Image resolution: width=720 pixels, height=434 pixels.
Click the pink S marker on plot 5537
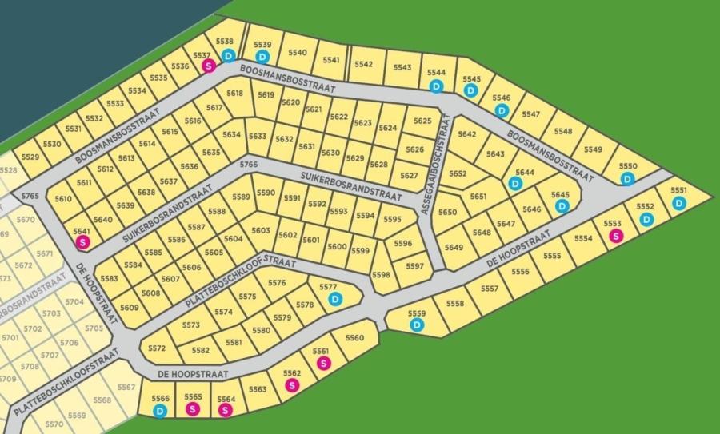208,66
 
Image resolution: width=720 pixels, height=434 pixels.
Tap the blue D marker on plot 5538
228,55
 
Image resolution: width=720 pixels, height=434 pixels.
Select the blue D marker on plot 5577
335,299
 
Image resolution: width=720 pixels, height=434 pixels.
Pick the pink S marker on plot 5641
81,241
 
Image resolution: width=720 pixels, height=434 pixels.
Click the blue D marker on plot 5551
678,203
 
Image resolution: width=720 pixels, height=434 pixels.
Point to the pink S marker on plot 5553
615,235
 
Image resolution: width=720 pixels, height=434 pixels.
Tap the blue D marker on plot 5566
160,411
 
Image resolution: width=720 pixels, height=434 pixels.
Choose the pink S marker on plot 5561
323,363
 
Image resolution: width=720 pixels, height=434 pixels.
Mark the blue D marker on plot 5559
418,325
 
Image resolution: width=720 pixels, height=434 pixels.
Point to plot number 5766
249,165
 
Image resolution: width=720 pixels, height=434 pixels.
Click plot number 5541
331,59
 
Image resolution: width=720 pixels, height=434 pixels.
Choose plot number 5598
381,275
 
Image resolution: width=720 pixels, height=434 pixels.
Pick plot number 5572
157,348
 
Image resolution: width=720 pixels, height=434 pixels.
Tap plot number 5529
30,157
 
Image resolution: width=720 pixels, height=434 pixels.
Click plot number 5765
30,196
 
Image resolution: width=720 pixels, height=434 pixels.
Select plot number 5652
458,173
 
